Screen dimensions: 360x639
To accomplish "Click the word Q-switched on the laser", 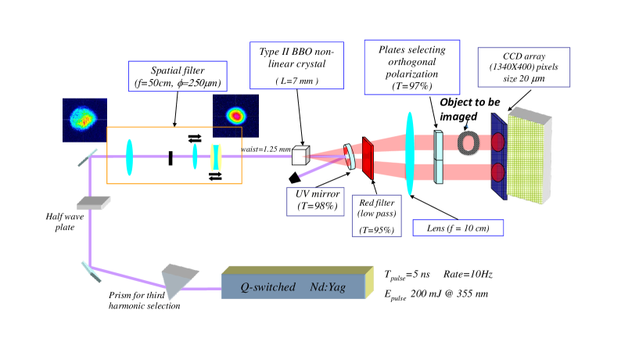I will click(267, 287).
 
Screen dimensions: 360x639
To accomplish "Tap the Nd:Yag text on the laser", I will click(327, 287).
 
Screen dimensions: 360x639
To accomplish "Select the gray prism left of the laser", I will click(178, 279).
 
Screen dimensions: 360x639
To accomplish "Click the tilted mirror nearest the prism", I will click(91, 271).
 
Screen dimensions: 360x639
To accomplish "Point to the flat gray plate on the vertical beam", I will click(93, 203).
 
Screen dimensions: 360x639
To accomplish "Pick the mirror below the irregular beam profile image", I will click(88, 157).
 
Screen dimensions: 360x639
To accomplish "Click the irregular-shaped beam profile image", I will click(84, 120).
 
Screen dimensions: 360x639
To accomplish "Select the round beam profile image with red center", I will click(235, 115).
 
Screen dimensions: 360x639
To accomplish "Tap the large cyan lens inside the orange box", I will click(129, 157).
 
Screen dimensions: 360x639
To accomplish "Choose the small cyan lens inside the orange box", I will click(195, 157).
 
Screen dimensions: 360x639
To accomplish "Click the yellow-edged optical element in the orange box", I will click(216, 157).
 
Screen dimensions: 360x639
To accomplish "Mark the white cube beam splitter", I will click(300, 156).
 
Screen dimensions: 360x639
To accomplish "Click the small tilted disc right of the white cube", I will click(350, 157).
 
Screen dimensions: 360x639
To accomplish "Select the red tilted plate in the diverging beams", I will click(368, 157).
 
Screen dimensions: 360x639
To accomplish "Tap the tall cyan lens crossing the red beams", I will click(409, 153).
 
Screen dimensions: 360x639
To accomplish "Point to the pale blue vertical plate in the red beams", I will click(439, 157).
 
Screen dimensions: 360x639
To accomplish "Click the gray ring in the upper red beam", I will click(468, 142).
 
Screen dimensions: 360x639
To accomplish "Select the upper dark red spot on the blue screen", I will click(497, 142).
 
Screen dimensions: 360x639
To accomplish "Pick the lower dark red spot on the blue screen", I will click(497, 172).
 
